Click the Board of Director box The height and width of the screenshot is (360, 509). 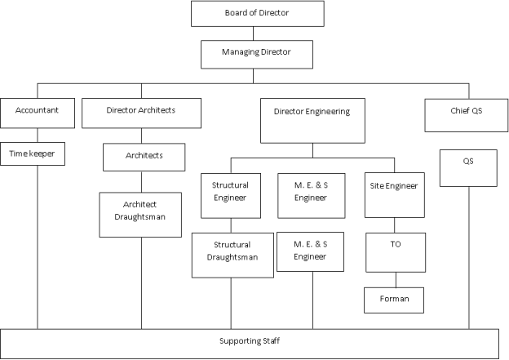point(256,14)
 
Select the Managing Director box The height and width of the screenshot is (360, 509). point(256,53)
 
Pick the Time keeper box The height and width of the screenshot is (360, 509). point(38,153)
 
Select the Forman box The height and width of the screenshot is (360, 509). point(395,300)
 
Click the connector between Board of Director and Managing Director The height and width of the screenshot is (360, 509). point(254,33)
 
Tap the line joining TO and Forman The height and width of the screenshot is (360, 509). point(396,279)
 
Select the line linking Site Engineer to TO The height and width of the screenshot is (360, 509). point(396,225)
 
